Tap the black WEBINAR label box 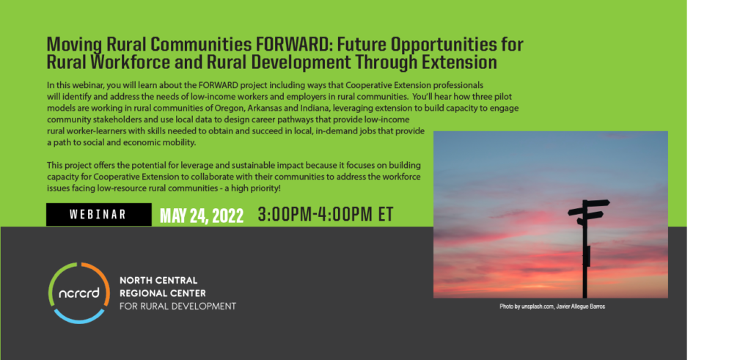click(99, 215)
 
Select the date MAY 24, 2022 click(202, 216)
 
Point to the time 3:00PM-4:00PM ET click(326, 215)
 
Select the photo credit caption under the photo click(552, 306)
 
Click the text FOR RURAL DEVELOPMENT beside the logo click(177, 306)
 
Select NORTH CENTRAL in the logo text click(158, 280)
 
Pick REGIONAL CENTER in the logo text click(162, 293)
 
